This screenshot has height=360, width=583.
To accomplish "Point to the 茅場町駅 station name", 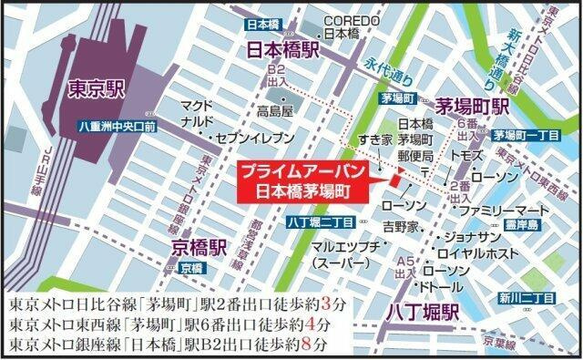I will [472, 106].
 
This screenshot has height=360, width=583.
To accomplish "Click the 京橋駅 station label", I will [196, 246].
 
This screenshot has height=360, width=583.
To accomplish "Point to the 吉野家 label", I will [401, 225].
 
